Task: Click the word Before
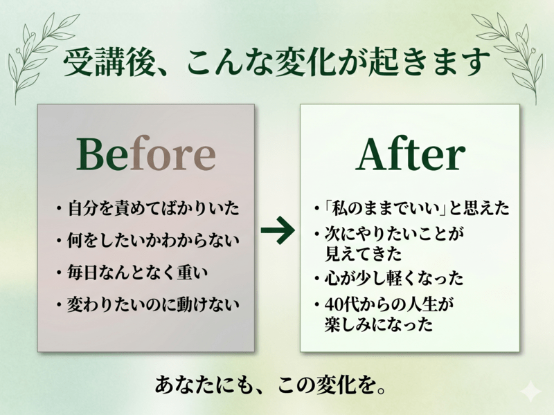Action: click(146, 154)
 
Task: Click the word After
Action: click(410, 154)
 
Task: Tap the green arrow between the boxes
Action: click(278, 231)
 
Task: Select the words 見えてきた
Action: click(363, 253)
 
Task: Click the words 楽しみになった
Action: click(378, 324)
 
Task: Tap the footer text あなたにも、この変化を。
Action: click(270, 385)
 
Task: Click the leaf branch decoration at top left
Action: click(42, 57)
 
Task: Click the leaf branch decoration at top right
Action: click(509, 57)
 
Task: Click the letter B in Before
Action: click(89, 154)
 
